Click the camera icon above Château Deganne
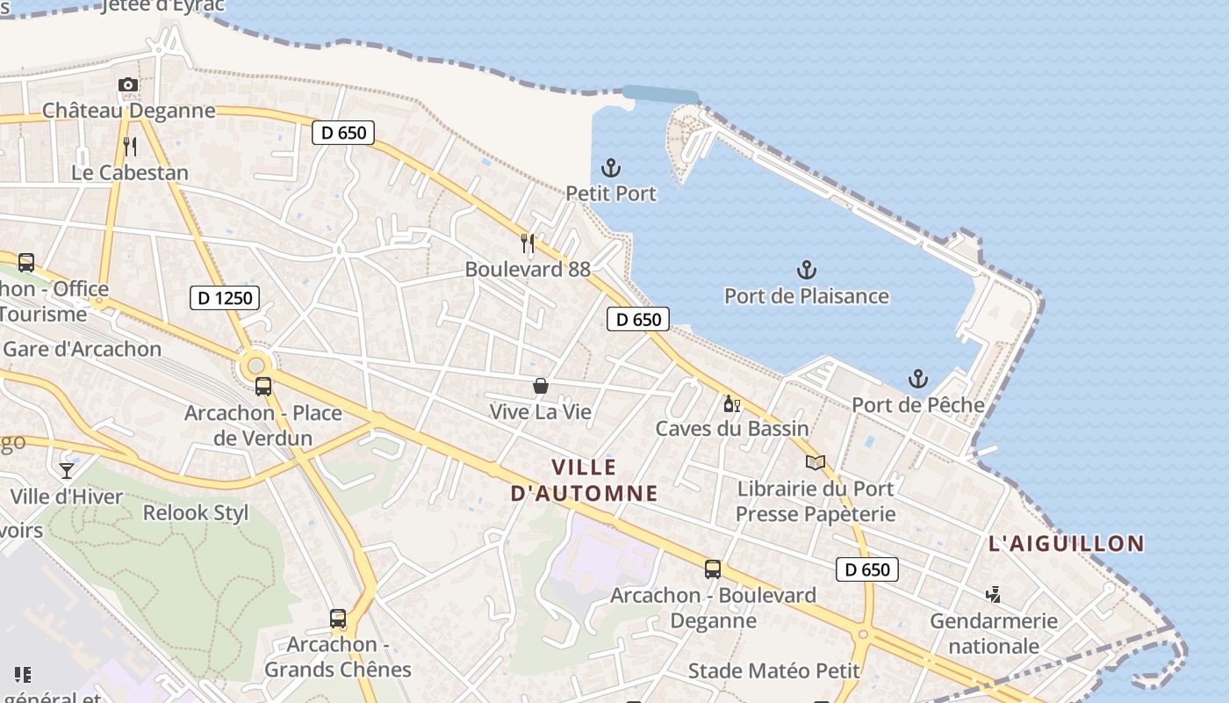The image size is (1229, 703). pyautogui.click(x=128, y=85)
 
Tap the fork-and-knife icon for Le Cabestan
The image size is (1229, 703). pyautogui.click(x=130, y=146)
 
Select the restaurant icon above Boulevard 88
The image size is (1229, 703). pyautogui.click(x=528, y=243)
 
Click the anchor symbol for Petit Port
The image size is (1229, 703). pyautogui.click(x=610, y=168)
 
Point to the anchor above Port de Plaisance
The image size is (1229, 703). pyautogui.click(x=806, y=270)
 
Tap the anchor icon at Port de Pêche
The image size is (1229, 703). pyautogui.click(x=917, y=379)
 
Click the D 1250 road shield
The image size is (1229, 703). pyautogui.click(x=225, y=298)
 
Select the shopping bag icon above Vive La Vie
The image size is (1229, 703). pyautogui.click(x=541, y=386)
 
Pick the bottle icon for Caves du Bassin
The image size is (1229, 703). pyautogui.click(x=731, y=403)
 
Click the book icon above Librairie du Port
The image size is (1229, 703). pyautogui.click(x=816, y=462)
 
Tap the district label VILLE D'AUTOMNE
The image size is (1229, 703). pyautogui.click(x=585, y=480)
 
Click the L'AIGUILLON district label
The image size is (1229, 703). pyautogui.click(x=1067, y=543)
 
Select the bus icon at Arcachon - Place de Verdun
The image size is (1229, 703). pyautogui.click(x=262, y=386)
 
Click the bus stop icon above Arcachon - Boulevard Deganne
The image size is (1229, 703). pyautogui.click(x=713, y=569)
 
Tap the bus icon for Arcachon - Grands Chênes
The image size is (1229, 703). pyautogui.click(x=338, y=619)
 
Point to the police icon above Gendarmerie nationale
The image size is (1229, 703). pyautogui.click(x=993, y=595)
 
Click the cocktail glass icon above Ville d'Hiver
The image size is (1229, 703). pyautogui.click(x=67, y=470)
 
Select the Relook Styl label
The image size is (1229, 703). pyautogui.click(x=196, y=512)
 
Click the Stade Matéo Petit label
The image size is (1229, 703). pyautogui.click(x=773, y=670)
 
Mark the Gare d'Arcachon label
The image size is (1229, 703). pyautogui.click(x=83, y=349)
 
